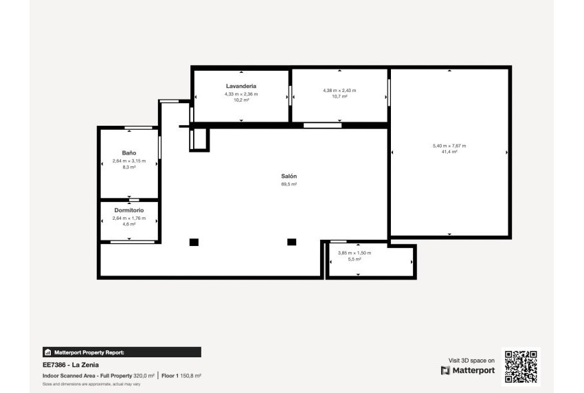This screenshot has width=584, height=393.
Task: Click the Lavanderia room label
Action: click(x=241, y=86)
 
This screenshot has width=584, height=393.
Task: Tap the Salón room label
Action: click(x=289, y=177)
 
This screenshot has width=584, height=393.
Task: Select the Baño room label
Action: click(x=129, y=153)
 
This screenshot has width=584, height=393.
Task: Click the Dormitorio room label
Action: click(x=129, y=210)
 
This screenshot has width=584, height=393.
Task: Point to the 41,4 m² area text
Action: click(x=449, y=152)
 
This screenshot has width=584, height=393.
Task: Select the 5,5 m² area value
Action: click(x=355, y=259)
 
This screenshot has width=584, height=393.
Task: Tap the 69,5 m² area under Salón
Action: click(x=289, y=184)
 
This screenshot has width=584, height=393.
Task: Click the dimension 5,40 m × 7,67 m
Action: click(x=449, y=146)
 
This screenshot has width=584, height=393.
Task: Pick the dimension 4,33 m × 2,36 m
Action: click(x=241, y=93)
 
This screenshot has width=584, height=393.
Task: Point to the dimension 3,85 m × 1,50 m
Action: click(x=355, y=253)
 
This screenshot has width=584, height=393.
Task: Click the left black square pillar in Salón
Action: click(x=194, y=242)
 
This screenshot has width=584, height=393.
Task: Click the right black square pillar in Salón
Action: click(x=291, y=242)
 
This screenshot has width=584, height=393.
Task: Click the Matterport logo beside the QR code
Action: click(x=468, y=370)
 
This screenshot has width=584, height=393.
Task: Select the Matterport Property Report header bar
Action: click(x=121, y=352)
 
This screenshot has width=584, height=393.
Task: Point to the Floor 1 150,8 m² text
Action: click(x=182, y=376)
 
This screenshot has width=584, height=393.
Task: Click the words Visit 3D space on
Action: click(x=471, y=360)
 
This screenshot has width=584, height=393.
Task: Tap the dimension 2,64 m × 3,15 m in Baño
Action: click(x=129, y=161)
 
